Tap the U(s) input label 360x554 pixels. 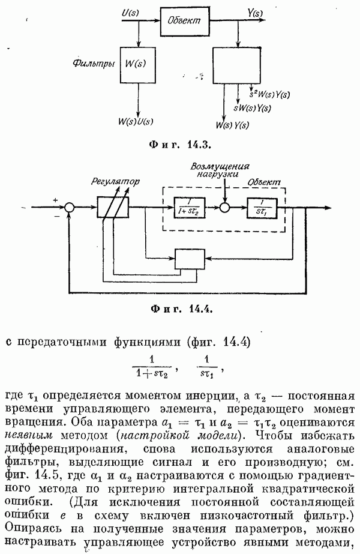coord(131,11)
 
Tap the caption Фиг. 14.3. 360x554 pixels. coord(179,145)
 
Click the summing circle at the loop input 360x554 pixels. coord(70,207)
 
